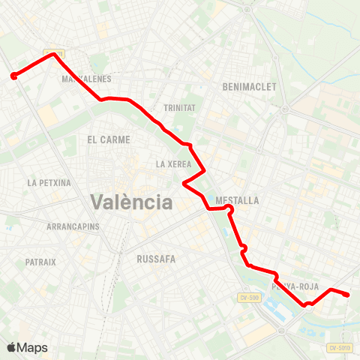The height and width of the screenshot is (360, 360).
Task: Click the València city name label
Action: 131,202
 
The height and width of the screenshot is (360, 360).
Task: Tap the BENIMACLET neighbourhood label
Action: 250,87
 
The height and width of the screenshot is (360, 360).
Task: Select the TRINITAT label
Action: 178,108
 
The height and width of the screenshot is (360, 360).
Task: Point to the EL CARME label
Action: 109,139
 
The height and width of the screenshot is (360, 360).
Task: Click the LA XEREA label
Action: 173,164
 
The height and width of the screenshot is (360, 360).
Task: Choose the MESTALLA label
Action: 237,201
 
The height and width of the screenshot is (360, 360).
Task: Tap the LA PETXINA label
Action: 49,182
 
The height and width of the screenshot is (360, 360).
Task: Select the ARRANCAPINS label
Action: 73,226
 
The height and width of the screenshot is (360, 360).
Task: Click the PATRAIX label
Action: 40,262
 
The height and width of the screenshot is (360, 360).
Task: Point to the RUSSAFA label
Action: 156,259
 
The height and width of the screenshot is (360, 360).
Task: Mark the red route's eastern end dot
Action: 347,295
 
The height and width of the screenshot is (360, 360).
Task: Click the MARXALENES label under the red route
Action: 86,79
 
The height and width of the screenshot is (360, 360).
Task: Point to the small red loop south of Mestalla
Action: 243,249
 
